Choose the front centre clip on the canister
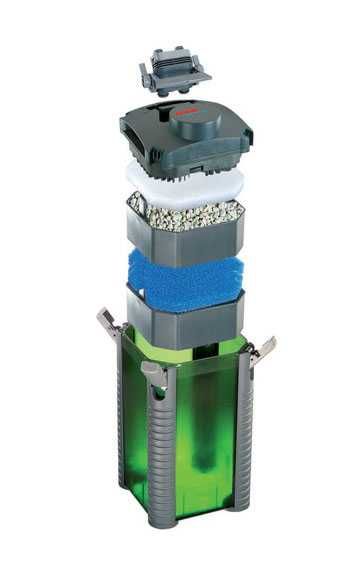point(155,371)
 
